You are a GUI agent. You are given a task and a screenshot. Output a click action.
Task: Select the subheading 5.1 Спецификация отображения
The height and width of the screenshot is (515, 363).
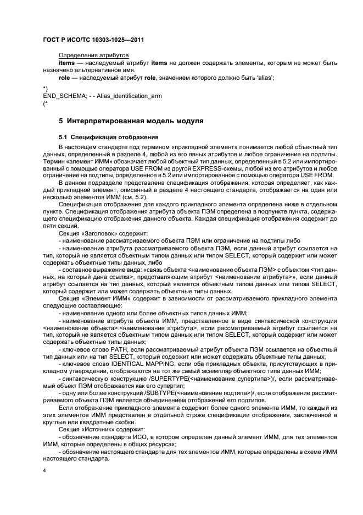point(109,136)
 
